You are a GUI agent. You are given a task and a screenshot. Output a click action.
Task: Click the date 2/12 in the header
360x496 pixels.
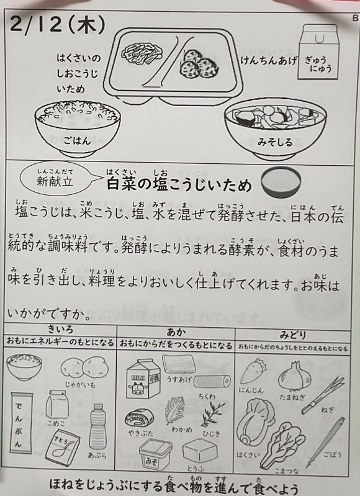36,25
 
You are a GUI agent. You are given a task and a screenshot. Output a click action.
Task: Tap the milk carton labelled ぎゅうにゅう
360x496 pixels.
317,52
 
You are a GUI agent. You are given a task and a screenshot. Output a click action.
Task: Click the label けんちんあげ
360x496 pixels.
269,60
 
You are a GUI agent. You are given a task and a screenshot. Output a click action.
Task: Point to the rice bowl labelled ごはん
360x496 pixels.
78,128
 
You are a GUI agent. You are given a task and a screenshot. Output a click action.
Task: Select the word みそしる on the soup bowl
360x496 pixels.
275,142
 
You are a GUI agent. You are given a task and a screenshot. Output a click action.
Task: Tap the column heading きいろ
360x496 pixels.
60,329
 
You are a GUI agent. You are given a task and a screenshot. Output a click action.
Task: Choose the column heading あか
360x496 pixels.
176,332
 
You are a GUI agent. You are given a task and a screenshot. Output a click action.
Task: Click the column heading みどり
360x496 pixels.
293,335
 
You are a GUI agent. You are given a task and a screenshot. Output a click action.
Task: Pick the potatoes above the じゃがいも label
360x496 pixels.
84,368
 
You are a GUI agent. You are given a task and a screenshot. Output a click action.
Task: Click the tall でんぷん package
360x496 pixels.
22,423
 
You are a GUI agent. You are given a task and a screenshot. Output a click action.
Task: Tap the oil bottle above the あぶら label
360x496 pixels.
97,426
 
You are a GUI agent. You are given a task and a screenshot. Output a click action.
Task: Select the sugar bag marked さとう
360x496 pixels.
62,448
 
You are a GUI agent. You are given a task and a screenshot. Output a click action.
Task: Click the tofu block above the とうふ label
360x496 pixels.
200,450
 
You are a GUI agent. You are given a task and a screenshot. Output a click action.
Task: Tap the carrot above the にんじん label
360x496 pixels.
253,371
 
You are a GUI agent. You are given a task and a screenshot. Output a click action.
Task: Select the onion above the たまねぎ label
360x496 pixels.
294,376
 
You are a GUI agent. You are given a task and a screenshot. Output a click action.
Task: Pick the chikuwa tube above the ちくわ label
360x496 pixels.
212,381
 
